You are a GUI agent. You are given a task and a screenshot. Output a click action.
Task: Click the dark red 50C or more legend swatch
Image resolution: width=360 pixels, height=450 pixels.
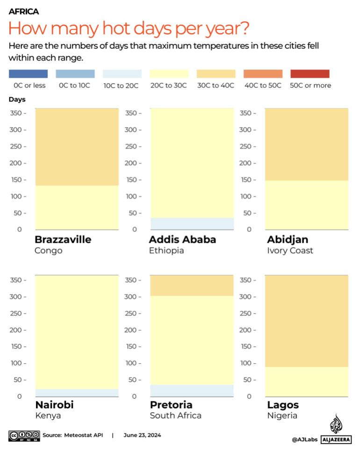(x=310, y=74)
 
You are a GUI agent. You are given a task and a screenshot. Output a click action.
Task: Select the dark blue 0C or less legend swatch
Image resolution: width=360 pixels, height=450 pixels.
(x=28, y=74)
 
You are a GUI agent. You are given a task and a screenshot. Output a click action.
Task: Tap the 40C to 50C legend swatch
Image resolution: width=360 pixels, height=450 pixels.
(x=263, y=74)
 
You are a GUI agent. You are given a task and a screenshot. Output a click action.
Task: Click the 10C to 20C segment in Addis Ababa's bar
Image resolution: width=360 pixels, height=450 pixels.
(x=191, y=224)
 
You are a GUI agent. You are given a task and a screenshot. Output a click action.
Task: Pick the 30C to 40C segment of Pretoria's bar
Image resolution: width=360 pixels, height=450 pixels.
(x=191, y=285)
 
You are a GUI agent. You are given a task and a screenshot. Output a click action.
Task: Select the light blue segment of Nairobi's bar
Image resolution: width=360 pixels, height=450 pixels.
(x=77, y=392)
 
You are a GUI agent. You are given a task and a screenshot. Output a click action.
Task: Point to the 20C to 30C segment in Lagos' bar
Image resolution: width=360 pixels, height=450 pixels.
(x=307, y=381)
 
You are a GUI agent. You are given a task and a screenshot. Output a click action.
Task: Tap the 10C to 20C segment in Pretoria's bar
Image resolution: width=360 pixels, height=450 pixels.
(x=191, y=390)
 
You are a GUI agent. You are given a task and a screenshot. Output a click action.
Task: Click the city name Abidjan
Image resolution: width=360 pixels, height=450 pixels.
(x=288, y=240)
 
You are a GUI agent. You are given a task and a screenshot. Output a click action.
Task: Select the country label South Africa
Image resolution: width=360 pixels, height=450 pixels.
(x=175, y=415)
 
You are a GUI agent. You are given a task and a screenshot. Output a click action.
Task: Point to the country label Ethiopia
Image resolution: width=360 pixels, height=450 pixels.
(x=166, y=250)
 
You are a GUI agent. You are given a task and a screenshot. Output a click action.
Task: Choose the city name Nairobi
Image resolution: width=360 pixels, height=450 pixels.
(x=54, y=405)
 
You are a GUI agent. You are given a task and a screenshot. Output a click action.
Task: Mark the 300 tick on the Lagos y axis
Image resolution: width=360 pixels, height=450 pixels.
(x=247, y=297)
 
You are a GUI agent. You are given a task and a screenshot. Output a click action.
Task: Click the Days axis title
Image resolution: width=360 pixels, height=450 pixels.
(x=17, y=99)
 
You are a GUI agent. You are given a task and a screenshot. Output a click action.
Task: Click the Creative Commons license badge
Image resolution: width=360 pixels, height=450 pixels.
(x=23, y=435)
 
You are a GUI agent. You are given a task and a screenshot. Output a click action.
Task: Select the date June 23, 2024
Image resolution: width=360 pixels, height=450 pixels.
(x=142, y=435)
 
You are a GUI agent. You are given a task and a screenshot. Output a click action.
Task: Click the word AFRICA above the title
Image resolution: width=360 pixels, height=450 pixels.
(x=23, y=12)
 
